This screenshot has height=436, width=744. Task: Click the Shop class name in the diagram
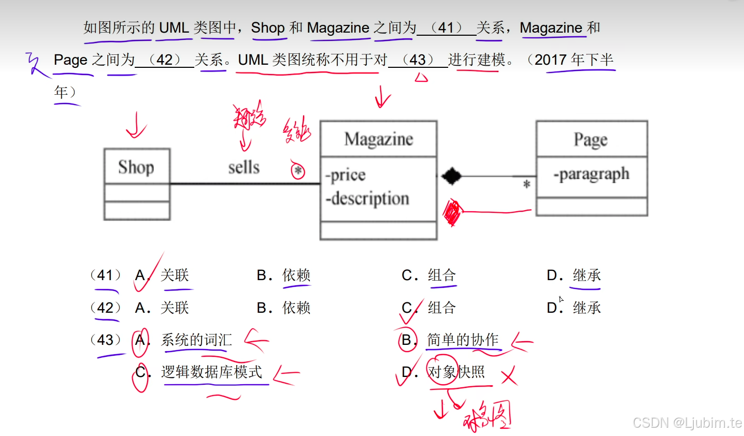(136, 167)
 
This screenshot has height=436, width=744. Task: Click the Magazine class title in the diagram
(379, 139)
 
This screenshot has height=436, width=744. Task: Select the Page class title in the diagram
(591, 139)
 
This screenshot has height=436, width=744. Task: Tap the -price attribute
(346, 175)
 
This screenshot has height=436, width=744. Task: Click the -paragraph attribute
(592, 174)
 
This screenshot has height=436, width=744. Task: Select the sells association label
(244, 167)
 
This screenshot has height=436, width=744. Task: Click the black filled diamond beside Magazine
(451, 176)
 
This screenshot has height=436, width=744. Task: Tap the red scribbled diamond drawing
(452, 212)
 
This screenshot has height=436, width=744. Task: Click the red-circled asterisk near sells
(298, 170)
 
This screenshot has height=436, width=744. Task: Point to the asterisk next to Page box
(526, 184)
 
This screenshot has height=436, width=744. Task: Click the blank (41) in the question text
(446, 28)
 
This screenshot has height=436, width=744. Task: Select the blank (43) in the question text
(418, 60)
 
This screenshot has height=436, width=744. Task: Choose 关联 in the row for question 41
(175, 275)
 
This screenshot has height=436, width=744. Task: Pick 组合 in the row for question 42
(441, 308)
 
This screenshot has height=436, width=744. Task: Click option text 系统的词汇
(196, 340)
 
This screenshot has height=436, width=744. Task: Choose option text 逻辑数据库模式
(211, 372)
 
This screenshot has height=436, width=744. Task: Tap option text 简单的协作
(463, 340)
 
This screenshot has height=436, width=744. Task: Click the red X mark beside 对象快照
(509, 375)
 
